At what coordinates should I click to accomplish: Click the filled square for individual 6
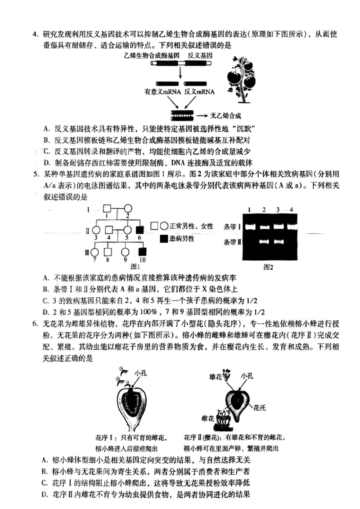pos(140,229)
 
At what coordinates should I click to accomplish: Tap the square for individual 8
pos(108,252)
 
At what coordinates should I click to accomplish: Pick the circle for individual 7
pos(95,252)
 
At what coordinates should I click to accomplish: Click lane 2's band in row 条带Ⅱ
pos(264,242)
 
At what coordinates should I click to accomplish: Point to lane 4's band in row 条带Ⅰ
pos(291,227)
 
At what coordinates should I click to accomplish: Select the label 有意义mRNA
pos(162,92)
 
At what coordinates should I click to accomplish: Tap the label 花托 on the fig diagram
pos(260,408)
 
